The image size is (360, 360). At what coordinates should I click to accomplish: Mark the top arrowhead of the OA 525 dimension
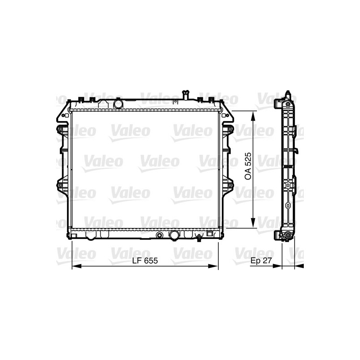click(x=254, y=116)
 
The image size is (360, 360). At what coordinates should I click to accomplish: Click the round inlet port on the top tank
click(x=118, y=104)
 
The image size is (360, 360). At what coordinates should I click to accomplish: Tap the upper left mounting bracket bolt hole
click(x=59, y=130)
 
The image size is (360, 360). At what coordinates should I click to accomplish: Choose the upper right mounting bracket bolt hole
click(x=231, y=130)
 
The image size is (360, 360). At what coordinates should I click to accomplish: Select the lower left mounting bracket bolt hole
click(x=59, y=183)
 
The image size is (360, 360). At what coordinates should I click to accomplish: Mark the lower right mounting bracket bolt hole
click(x=231, y=183)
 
